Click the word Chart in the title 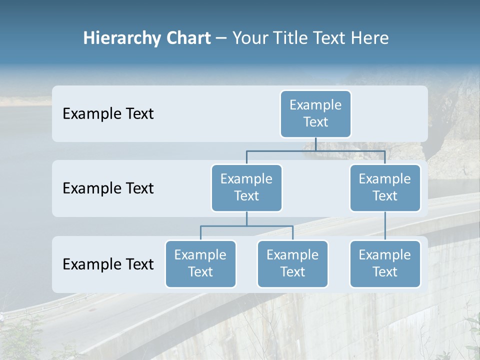(x=187, y=38)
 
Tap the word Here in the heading (x=370, y=38)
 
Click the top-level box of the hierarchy (x=315, y=113)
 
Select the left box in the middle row (x=246, y=187)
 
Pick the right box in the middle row (x=385, y=187)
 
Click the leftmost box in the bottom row (x=200, y=263)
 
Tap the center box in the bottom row (x=292, y=263)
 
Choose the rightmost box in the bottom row (x=385, y=263)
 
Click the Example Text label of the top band (x=108, y=114)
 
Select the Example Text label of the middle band (x=108, y=188)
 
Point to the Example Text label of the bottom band (x=108, y=264)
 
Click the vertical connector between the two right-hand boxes (x=385, y=226)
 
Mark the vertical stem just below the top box (x=315, y=144)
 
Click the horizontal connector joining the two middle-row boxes (x=315, y=150)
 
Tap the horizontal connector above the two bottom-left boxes (x=246, y=226)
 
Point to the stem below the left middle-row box (x=246, y=218)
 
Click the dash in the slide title (x=221, y=39)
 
